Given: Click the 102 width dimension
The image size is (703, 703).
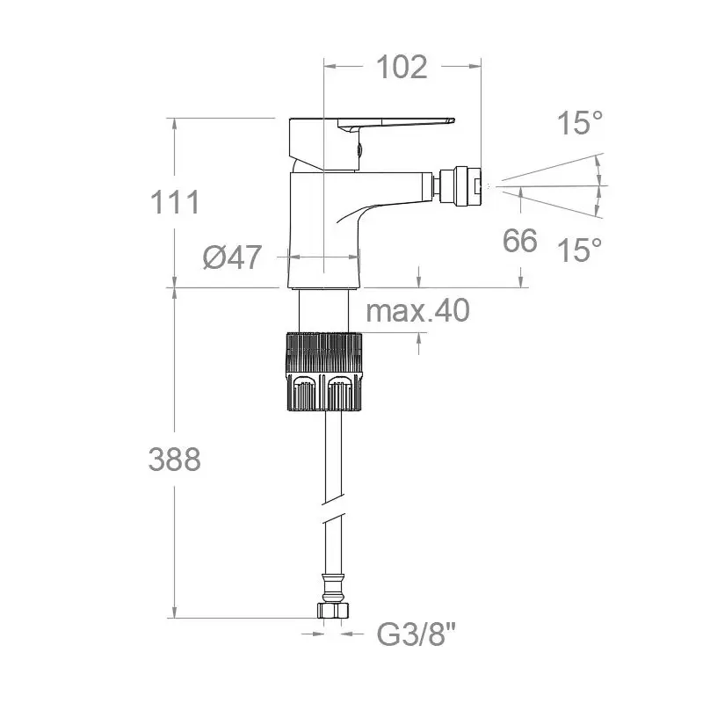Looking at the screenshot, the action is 402,68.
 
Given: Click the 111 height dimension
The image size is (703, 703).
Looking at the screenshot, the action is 175,202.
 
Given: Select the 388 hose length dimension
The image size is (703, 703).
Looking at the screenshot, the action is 175,460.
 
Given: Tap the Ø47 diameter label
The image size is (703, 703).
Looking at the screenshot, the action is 232,257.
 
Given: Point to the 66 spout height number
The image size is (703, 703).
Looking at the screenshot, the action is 520,240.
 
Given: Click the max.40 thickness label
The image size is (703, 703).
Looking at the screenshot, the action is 418,310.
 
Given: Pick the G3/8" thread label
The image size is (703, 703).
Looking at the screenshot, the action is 416,634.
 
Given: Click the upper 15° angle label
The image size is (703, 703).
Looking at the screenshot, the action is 580,123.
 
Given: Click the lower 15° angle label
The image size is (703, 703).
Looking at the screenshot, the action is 580,250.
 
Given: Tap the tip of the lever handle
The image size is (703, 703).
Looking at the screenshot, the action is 453,120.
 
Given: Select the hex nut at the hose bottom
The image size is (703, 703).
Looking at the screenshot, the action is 333,610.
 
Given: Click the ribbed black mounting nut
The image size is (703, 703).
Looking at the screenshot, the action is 323,372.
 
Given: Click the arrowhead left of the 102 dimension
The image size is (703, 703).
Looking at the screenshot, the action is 330,67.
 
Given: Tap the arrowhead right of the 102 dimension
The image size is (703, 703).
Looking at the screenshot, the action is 475,67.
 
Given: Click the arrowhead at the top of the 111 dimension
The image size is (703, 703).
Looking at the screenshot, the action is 174,124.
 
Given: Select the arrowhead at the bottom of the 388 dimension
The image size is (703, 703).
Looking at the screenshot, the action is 174,612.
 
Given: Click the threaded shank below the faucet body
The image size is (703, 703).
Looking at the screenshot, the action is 323,311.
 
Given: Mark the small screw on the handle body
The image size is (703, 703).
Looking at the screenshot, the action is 359,149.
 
